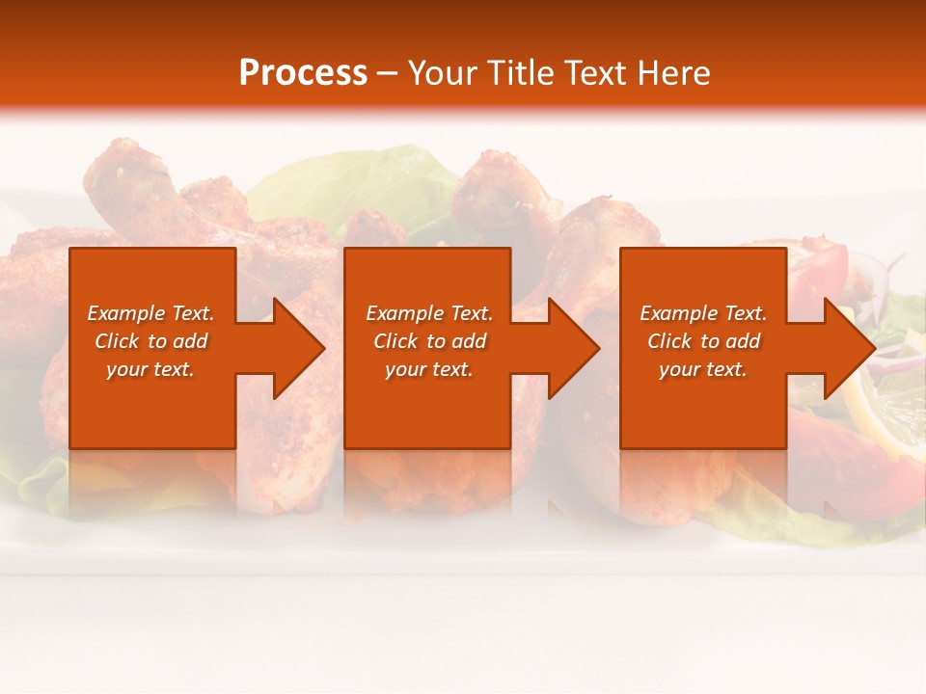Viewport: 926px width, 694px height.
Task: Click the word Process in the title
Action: coord(303,73)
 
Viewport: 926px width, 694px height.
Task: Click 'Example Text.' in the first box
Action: coord(150,313)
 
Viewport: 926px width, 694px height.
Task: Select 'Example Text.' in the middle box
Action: coord(429,313)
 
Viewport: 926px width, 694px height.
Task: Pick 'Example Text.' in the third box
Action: coord(703,313)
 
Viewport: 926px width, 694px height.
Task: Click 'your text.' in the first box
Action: coord(150,369)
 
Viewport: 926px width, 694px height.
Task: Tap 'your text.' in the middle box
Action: coord(429,369)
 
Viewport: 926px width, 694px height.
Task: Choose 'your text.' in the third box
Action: coord(703,369)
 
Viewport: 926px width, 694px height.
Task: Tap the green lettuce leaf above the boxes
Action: coord(357,183)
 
